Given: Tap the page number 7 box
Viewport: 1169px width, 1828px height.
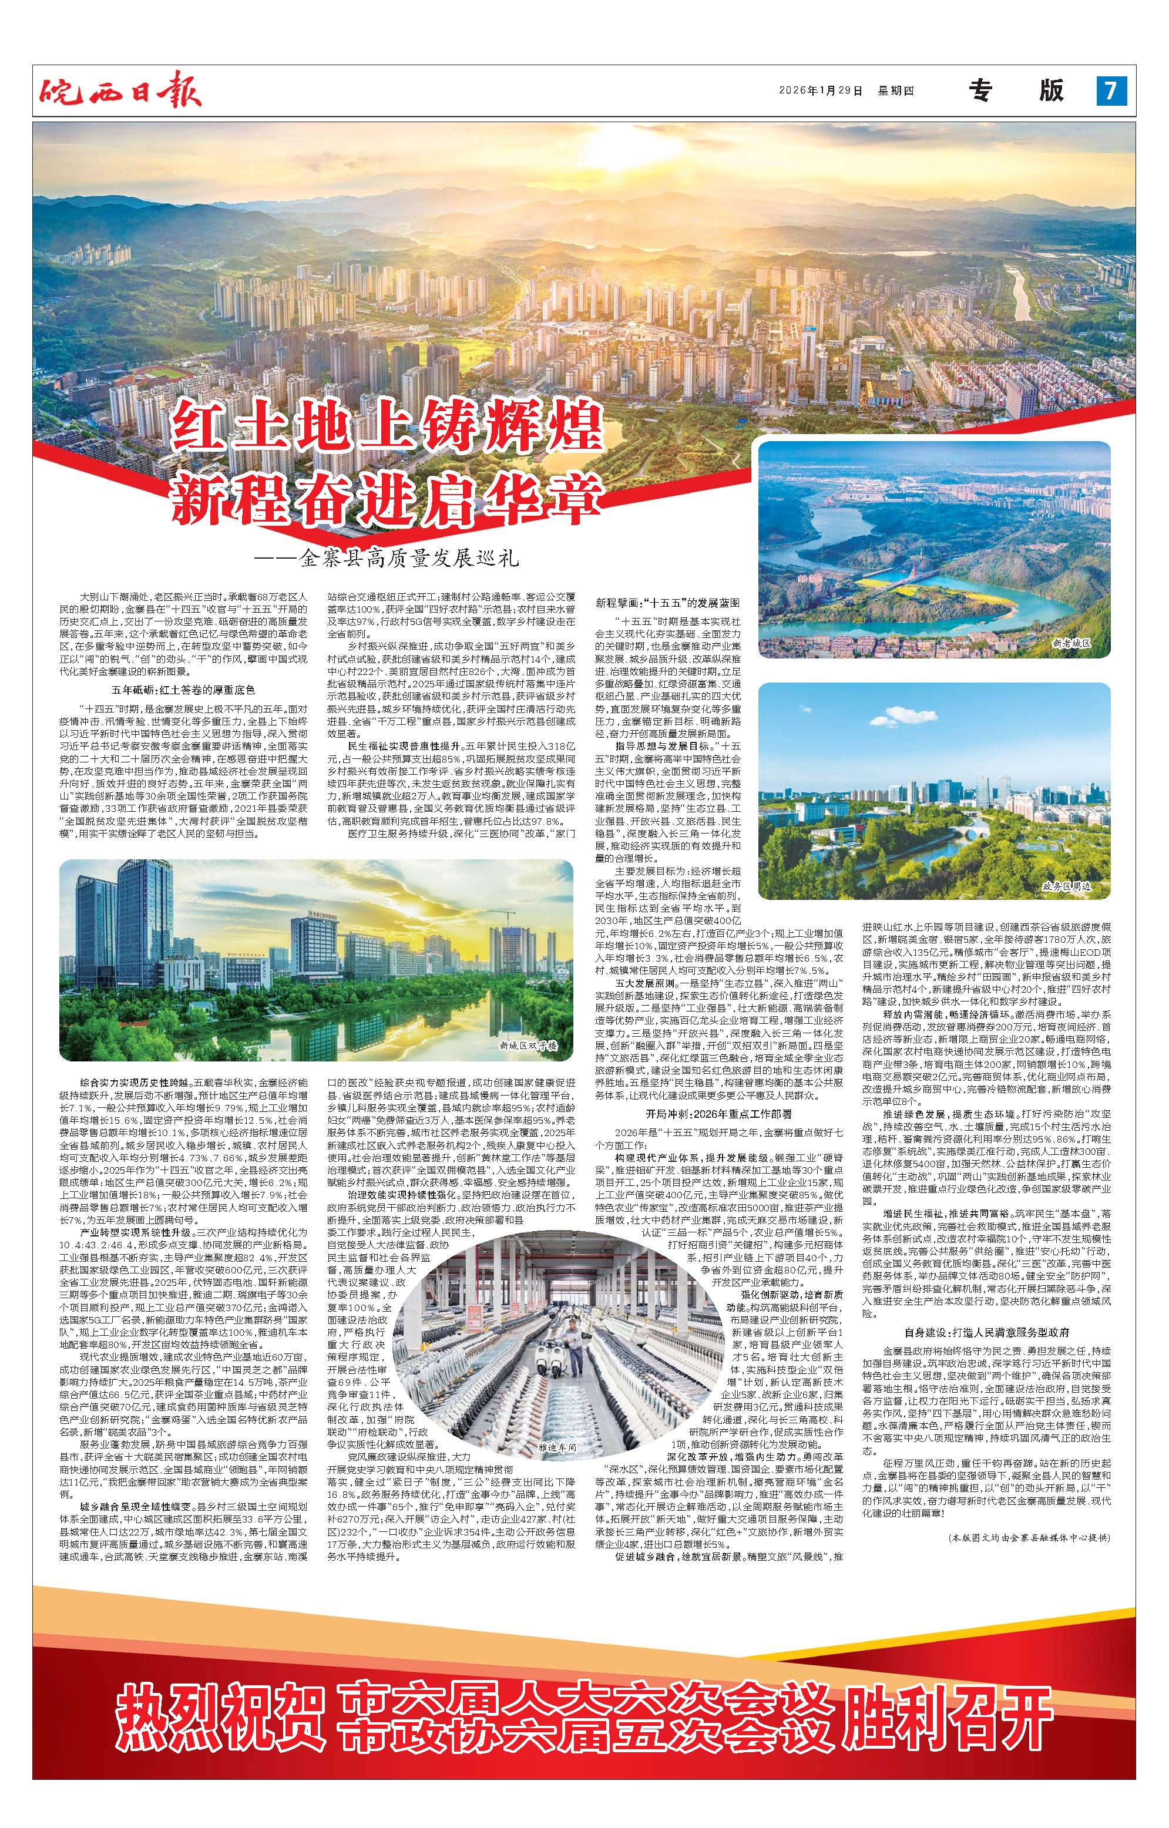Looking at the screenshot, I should coord(1110,91).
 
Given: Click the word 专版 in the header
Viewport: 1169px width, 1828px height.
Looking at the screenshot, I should coord(1016,91).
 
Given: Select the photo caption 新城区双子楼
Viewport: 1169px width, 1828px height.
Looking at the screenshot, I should coord(528,1046).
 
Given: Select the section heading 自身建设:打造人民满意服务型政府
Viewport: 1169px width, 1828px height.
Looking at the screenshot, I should coord(987,1332).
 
